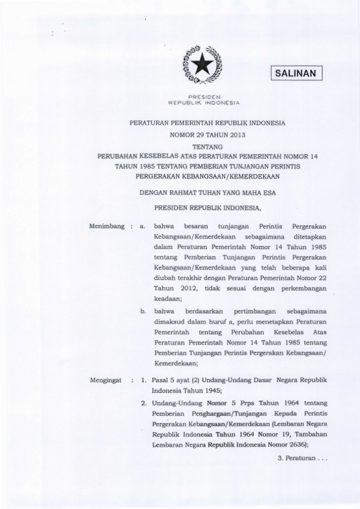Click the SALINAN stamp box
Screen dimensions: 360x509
pyautogui.click(x=296, y=73)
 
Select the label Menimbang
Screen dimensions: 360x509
pyautogui.click(x=106, y=225)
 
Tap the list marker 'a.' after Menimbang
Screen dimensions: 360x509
pyautogui.click(x=143, y=225)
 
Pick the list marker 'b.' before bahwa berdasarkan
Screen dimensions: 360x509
pyautogui.click(x=143, y=311)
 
